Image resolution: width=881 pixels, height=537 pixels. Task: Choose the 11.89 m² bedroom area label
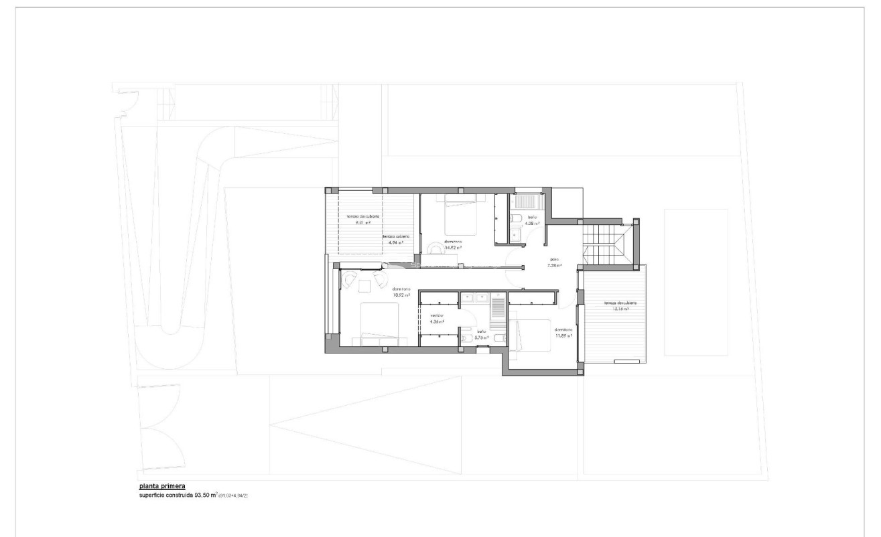tap(563, 336)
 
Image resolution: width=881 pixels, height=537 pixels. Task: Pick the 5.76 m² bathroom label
tap(481, 337)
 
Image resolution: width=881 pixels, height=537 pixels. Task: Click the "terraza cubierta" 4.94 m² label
tap(397, 240)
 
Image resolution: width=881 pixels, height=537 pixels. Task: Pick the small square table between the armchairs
tap(364, 286)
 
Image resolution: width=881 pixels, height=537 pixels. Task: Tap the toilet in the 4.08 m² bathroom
tap(515, 218)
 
